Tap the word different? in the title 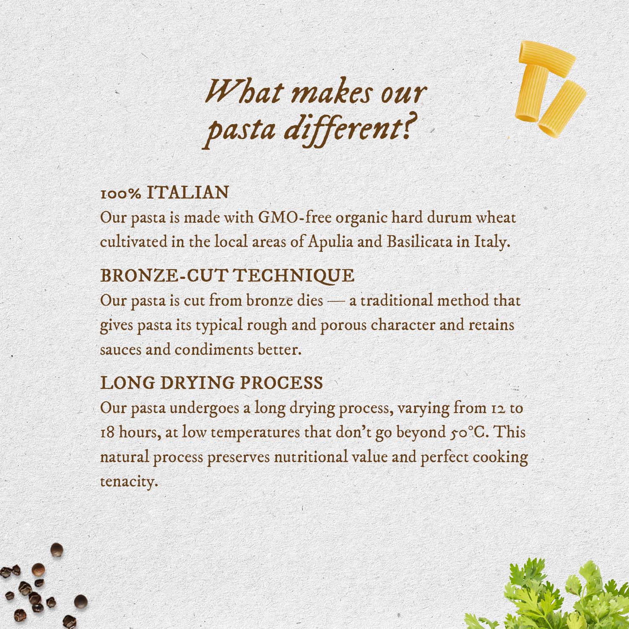(352, 129)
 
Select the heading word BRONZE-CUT (164, 276)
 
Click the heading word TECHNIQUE (294, 276)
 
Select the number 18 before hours (107, 432)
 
